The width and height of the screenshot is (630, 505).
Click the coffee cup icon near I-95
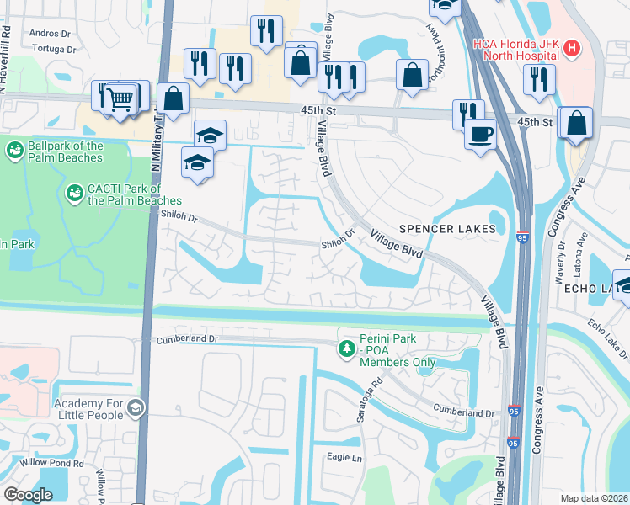[480, 133]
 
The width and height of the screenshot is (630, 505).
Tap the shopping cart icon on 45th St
[120, 99]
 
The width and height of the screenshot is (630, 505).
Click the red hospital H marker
[572, 49]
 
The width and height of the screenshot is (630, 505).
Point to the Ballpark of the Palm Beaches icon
[14, 151]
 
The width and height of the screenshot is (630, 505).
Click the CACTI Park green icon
[74, 194]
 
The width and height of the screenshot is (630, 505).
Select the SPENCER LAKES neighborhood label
[452, 229]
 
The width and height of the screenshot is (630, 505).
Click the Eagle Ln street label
[344, 457]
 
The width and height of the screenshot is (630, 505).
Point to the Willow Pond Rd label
[43, 463]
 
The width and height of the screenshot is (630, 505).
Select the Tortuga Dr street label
[51, 49]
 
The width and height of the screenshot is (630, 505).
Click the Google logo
[28, 495]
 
